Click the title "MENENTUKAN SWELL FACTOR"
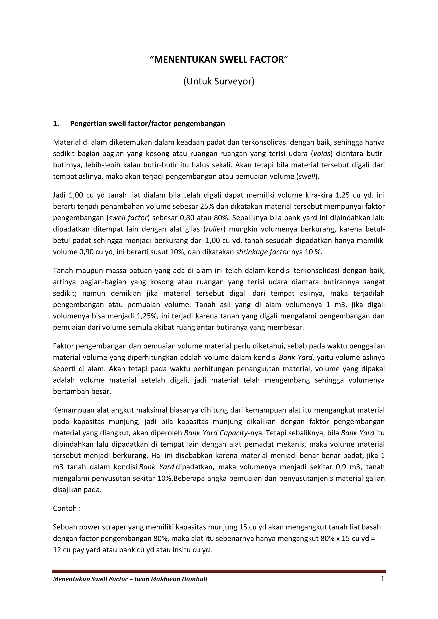point(219,60)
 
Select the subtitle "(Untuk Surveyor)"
point(219,81)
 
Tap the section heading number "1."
point(56,124)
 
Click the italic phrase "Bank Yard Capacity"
point(216,433)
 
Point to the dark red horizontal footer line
point(219,571)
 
